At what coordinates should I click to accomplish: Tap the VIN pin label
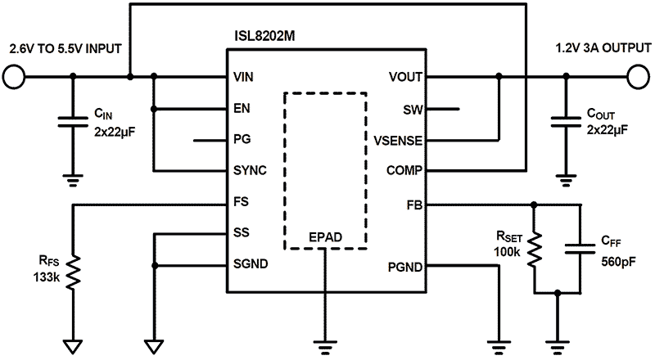tap(245, 78)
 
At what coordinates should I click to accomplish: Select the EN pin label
tap(242, 108)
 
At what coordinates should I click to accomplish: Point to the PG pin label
tap(242, 140)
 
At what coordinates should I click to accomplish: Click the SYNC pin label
tap(250, 171)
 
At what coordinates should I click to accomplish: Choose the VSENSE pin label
tap(397, 140)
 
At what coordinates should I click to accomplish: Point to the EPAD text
tap(324, 238)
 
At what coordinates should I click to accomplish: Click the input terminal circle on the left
tap(13, 78)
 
